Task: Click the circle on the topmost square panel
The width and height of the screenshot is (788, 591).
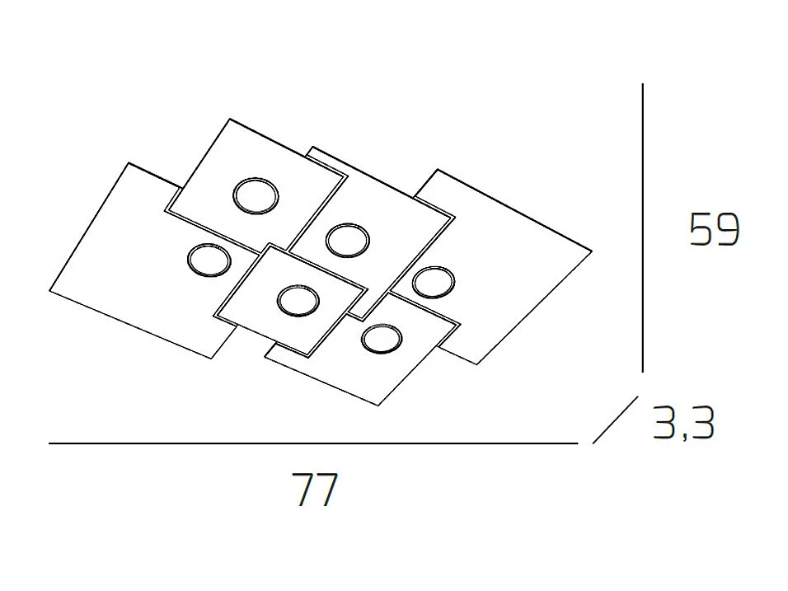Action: pyautogui.click(x=256, y=196)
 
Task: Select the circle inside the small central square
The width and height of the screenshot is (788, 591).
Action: pyautogui.click(x=297, y=300)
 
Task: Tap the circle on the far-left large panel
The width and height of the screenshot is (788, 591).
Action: pyautogui.click(x=208, y=260)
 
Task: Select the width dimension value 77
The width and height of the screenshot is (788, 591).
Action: pyautogui.click(x=315, y=491)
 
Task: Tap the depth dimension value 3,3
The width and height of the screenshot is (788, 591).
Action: pyautogui.click(x=682, y=424)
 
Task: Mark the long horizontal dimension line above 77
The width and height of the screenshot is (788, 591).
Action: pyautogui.click(x=313, y=443)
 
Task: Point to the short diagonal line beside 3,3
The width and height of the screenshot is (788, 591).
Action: pyautogui.click(x=615, y=420)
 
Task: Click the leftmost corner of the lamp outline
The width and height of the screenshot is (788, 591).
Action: pyautogui.click(x=50, y=293)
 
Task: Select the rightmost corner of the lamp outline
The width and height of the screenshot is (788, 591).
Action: pyautogui.click(x=592, y=249)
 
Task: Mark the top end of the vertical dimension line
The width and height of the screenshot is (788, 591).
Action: pyautogui.click(x=642, y=85)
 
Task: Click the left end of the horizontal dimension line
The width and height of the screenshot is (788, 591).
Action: pyautogui.click(x=51, y=443)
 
